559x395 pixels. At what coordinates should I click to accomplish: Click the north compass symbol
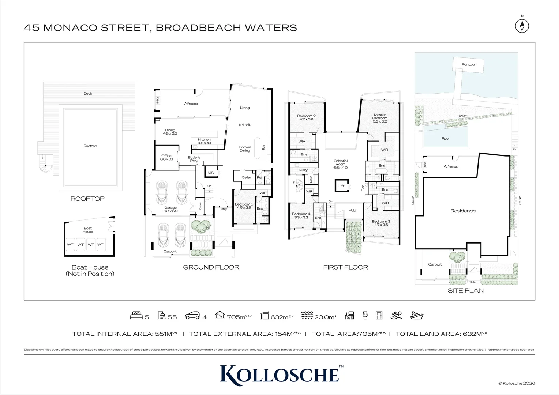click(522, 26)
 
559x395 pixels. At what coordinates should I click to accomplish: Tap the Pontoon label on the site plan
click(469, 65)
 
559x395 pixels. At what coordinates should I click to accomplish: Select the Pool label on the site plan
click(445, 139)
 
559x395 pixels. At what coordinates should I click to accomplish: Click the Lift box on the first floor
click(341, 186)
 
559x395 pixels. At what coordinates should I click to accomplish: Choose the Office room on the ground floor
click(166, 158)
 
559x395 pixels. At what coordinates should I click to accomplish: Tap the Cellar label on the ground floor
click(246, 178)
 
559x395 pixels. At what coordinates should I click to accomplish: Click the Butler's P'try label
click(194, 159)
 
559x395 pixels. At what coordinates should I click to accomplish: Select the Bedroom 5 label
click(244, 206)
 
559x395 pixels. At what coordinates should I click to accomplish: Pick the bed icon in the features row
click(136, 316)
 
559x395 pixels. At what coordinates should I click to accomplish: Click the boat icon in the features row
click(417, 316)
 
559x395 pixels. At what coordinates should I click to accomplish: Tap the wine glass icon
click(365, 316)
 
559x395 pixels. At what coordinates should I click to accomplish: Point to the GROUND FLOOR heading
click(211, 267)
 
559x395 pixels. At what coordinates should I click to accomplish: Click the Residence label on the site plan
click(463, 211)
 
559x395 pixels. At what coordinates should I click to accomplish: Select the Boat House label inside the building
click(88, 230)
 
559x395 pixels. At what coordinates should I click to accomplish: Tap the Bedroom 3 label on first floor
click(381, 223)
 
